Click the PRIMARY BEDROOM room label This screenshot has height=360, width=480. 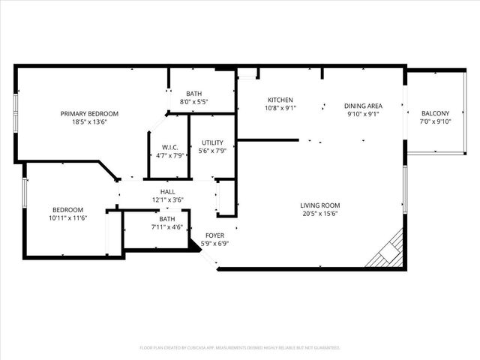pos(89,114)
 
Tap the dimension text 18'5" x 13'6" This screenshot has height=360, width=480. pos(89,121)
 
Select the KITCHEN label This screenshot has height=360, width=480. pos(280,100)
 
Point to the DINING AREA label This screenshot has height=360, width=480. pos(364,106)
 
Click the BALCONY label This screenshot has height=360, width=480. pos(435,114)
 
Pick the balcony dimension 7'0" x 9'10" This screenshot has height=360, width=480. pos(435,121)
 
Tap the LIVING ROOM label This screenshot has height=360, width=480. pos(320,205)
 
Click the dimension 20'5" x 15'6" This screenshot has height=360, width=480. pos(320,213)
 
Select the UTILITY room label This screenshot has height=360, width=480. pos(213,142)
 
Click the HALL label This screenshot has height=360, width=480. pos(167,192)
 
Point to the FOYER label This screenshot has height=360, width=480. pos(214,235)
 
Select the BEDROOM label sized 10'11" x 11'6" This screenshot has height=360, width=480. pos(67,210)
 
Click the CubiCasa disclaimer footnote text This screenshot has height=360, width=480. pos(240,348)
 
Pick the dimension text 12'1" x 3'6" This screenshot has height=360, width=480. pos(167,199)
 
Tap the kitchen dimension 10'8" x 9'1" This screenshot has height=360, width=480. pos(280,107)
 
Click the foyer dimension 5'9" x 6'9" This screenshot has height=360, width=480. pos(214,243)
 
